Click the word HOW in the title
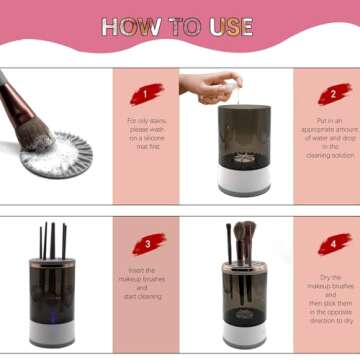coord(132,28)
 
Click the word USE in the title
coord(231,28)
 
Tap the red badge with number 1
coord(146,94)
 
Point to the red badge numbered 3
coord(147,244)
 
